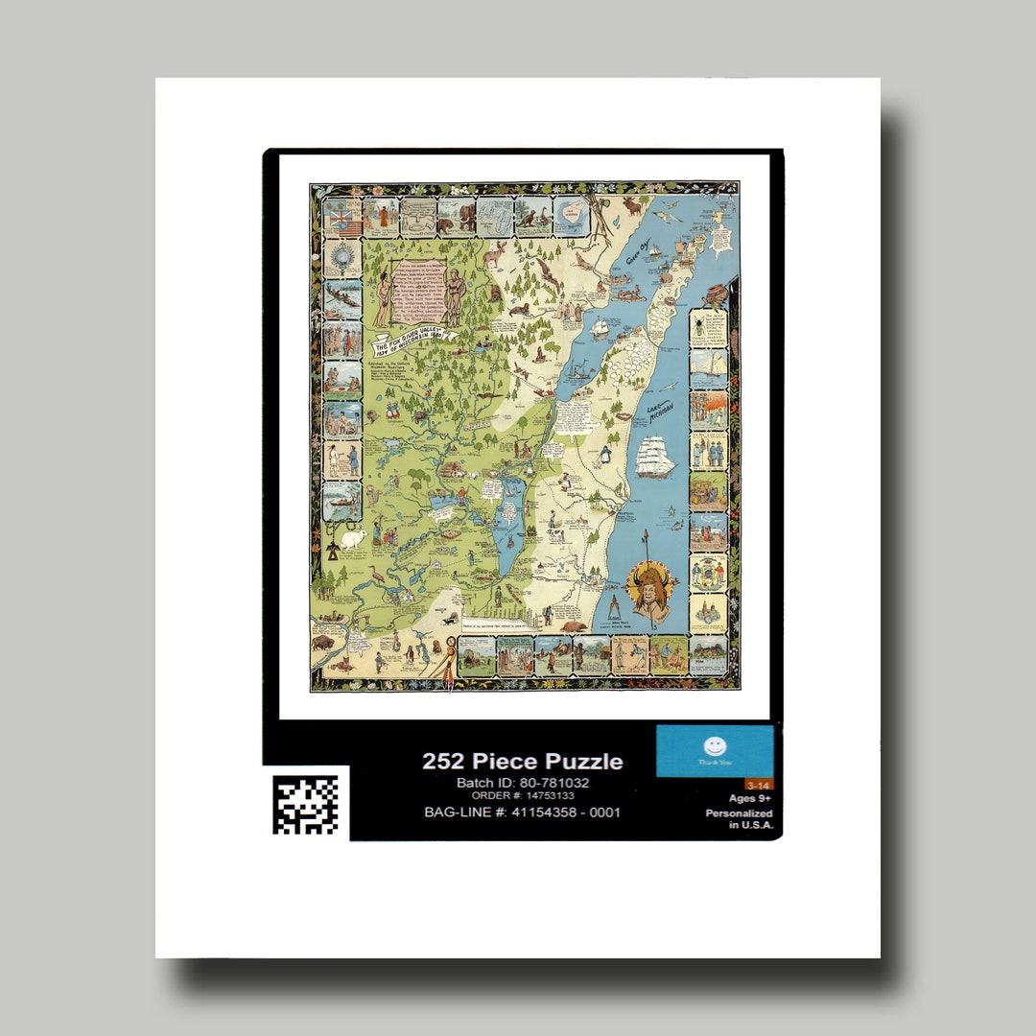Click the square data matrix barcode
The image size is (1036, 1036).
[x=305, y=803]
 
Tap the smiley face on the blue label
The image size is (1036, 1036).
[x=715, y=745]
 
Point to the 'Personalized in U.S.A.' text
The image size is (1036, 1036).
[x=740, y=818]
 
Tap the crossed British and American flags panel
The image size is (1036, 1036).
[x=342, y=218]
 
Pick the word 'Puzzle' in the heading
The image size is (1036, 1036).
[x=584, y=762]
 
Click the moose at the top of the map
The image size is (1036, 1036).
[x=633, y=205]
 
